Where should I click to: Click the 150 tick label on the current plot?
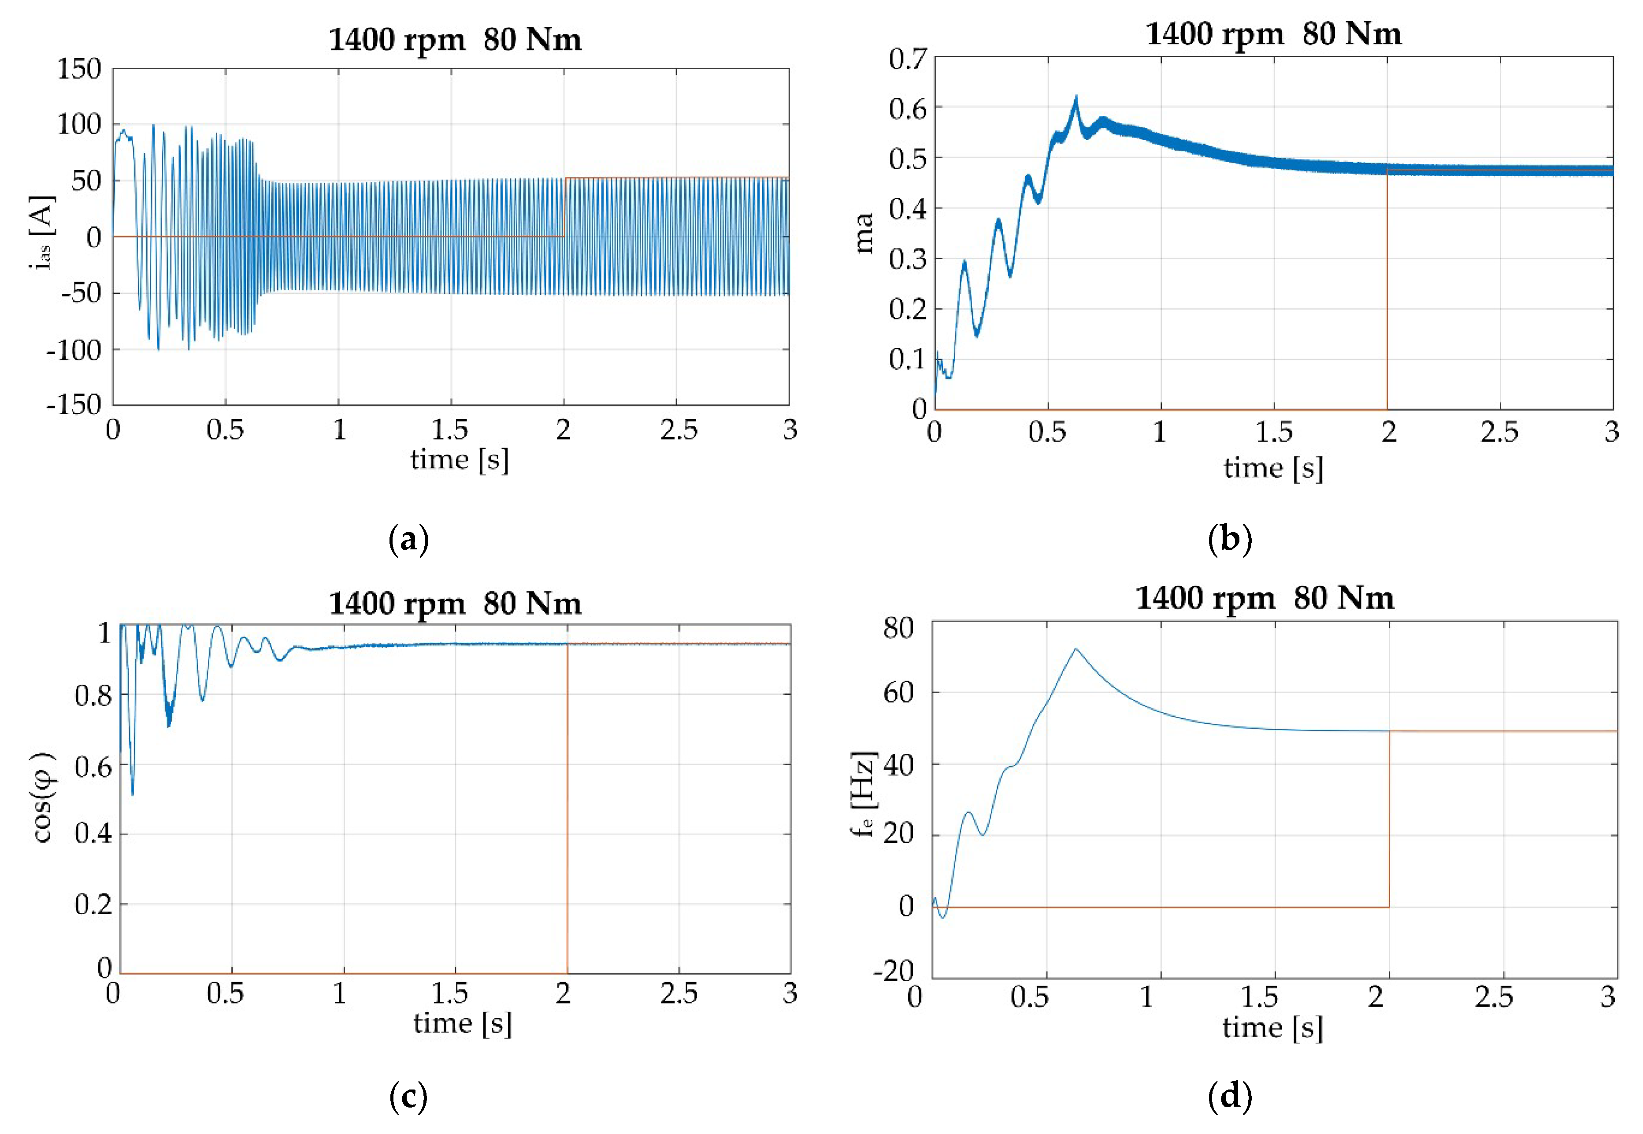click(79, 70)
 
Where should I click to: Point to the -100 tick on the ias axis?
click(74, 349)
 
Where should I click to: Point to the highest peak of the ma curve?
click(1075, 97)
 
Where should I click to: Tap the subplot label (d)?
click(1229, 1097)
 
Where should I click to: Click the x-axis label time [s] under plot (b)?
click(1273, 468)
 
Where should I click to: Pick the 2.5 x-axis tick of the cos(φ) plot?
click(679, 993)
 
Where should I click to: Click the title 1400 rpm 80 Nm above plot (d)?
click(1264, 598)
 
